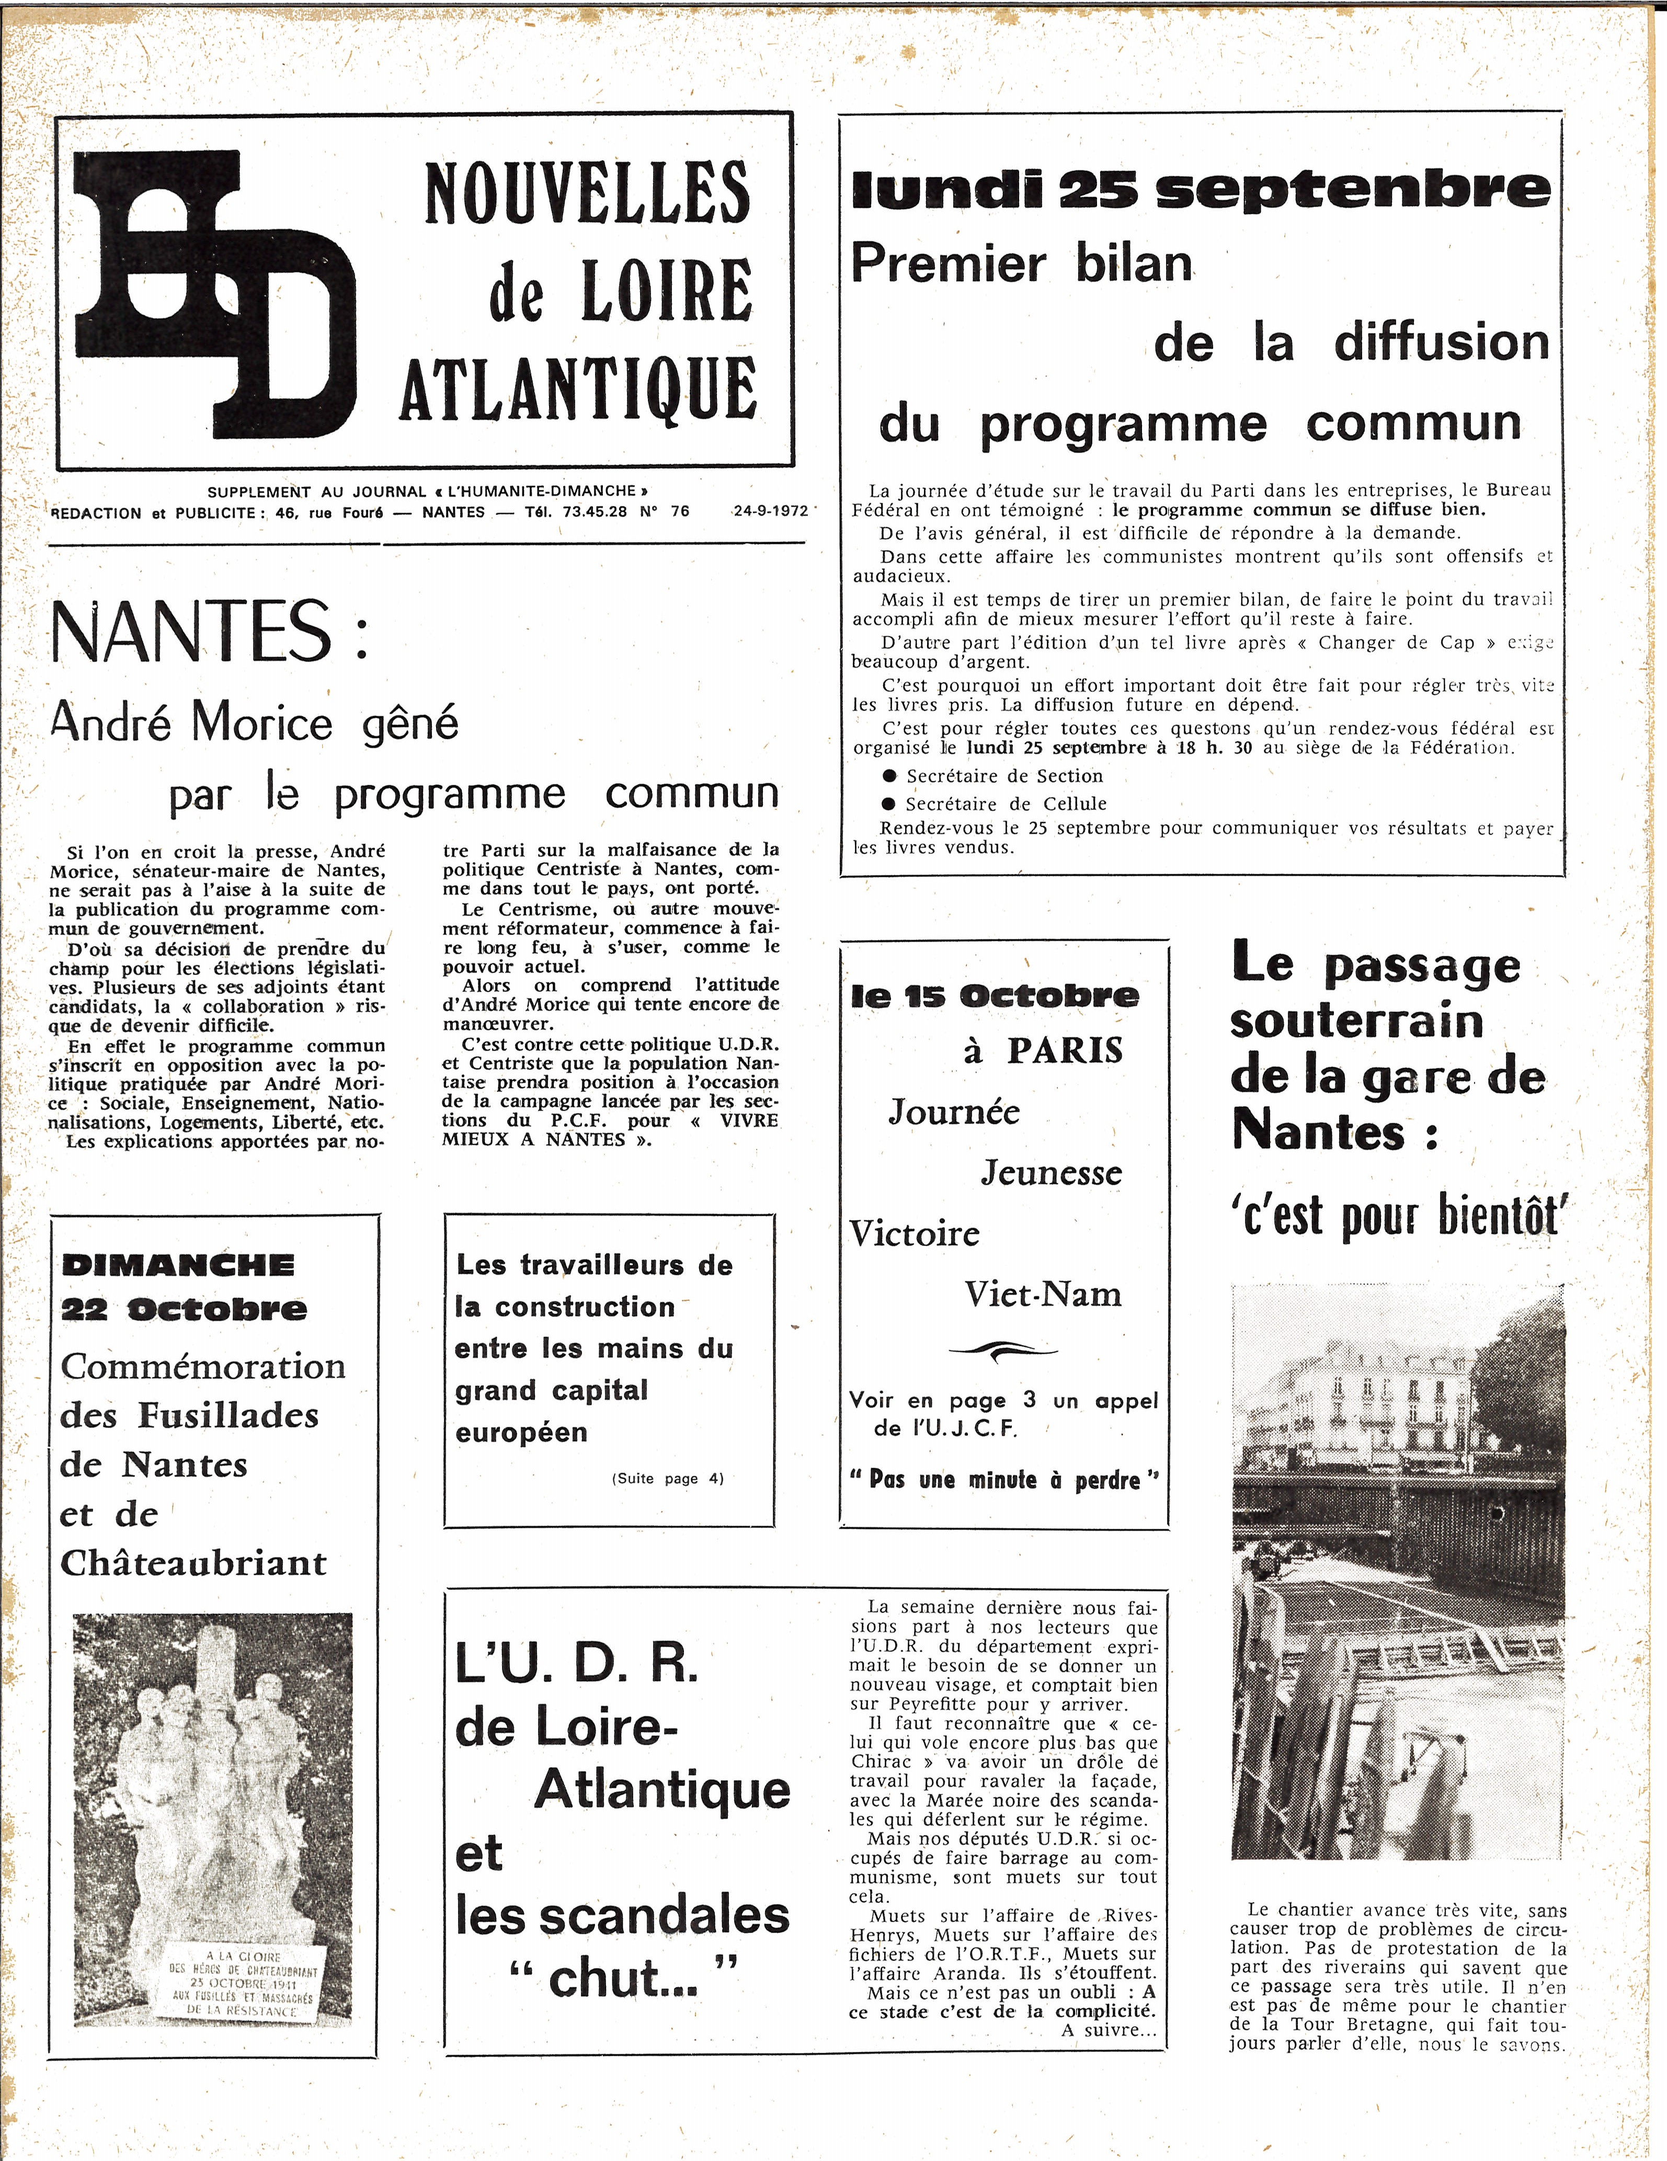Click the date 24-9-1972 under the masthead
pyautogui.click(x=771, y=511)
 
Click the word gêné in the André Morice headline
pyautogui.click(x=410, y=723)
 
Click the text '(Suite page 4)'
pyautogui.click(x=668, y=1478)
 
